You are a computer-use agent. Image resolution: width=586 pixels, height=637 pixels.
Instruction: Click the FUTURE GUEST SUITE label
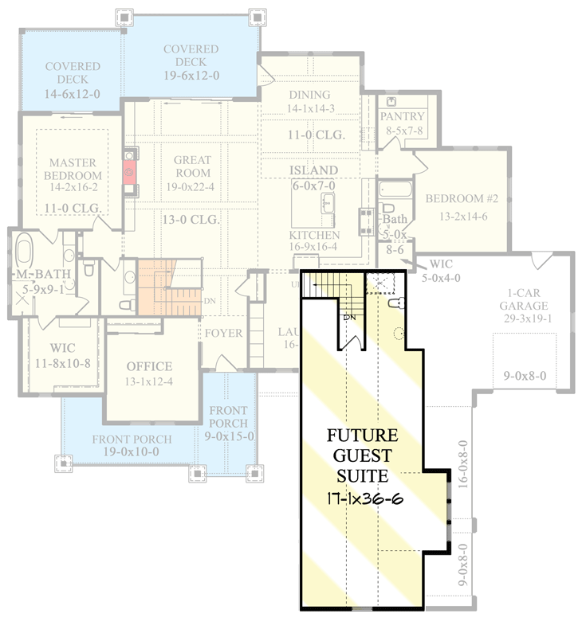coord(363,456)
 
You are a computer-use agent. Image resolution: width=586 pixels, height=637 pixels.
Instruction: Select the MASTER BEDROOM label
coord(72,169)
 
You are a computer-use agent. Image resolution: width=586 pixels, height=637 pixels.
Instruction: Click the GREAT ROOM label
coord(192,166)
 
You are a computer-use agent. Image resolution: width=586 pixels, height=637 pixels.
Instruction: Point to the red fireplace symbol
coord(129,170)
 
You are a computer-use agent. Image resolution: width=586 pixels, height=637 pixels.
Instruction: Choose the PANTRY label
coord(403,116)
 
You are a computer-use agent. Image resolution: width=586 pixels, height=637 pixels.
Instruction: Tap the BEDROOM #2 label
coord(454,198)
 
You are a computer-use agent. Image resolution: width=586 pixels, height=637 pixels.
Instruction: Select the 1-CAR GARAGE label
coord(523,299)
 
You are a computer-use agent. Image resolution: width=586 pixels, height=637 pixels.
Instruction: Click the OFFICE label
coord(149,366)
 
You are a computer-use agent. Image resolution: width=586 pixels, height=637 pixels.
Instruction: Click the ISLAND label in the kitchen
coord(315,170)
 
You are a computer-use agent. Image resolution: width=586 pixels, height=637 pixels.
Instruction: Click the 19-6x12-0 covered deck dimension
coord(191,75)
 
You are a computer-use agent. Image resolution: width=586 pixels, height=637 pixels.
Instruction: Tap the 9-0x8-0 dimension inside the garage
coord(523,376)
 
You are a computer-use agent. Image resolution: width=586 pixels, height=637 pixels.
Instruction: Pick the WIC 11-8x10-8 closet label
coord(63,356)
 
